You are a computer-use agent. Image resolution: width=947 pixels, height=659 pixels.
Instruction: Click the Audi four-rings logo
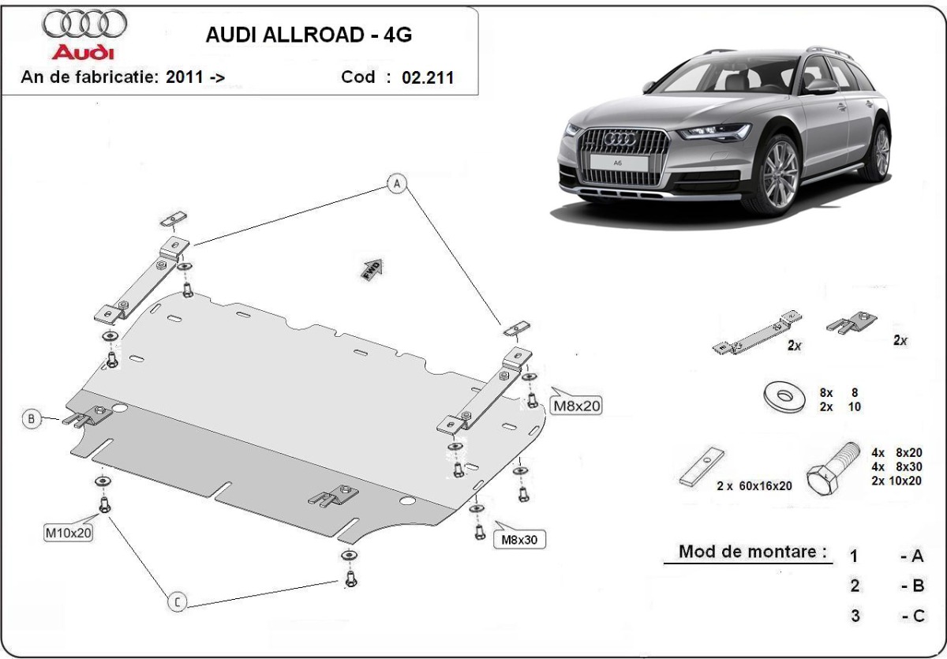click(x=84, y=24)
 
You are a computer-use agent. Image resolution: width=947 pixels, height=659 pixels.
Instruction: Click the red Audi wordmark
click(x=83, y=52)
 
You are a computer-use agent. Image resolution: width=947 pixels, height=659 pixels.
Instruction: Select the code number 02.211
click(x=428, y=77)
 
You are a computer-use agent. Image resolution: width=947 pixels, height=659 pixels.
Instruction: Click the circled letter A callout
click(x=397, y=184)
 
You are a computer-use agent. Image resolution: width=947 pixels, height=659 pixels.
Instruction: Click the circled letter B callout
click(x=32, y=419)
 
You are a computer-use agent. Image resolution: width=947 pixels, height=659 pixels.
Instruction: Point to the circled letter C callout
click(x=178, y=602)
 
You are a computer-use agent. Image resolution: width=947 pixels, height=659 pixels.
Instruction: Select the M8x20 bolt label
click(x=576, y=406)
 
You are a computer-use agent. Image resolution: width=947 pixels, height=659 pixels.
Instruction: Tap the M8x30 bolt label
click(x=519, y=540)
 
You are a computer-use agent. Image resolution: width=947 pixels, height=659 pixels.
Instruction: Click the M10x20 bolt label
click(x=69, y=533)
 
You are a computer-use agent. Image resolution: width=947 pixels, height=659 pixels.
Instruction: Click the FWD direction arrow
click(x=372, y=268)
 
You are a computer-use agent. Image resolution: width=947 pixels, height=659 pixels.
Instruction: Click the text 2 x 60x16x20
click(x=754, y=486)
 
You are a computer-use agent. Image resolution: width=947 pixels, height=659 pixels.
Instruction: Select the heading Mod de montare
click(x=754, y=551)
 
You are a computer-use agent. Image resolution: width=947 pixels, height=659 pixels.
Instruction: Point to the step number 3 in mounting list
click(x=855, y=616)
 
